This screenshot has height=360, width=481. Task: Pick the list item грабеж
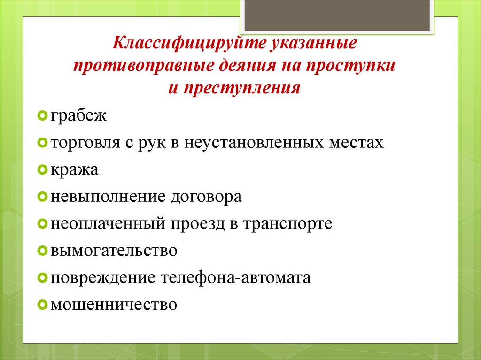[x=79, y=115]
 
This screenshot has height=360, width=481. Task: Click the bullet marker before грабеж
[x=41, y=115]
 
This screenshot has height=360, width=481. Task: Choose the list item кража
[x=75, y=169]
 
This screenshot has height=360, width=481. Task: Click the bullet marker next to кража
[x=41, y=169]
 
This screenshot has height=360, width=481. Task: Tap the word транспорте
[x=287, y=223]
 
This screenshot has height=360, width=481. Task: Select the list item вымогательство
[x=114, y=250]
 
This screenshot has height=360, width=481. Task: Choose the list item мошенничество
[x=114, y=304]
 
